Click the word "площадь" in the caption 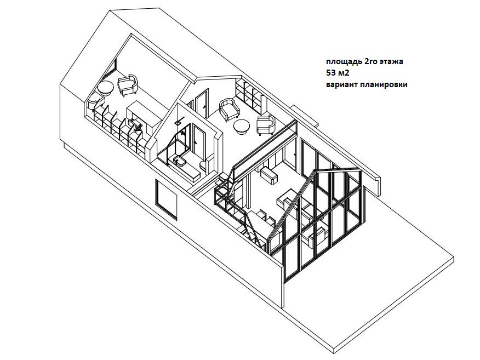coord(339,62)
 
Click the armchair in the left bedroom coord(128,84)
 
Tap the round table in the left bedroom coord(105,88)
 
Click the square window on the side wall coord(166,198)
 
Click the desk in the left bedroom coord(141,112)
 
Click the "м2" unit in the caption coord(343,73)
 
